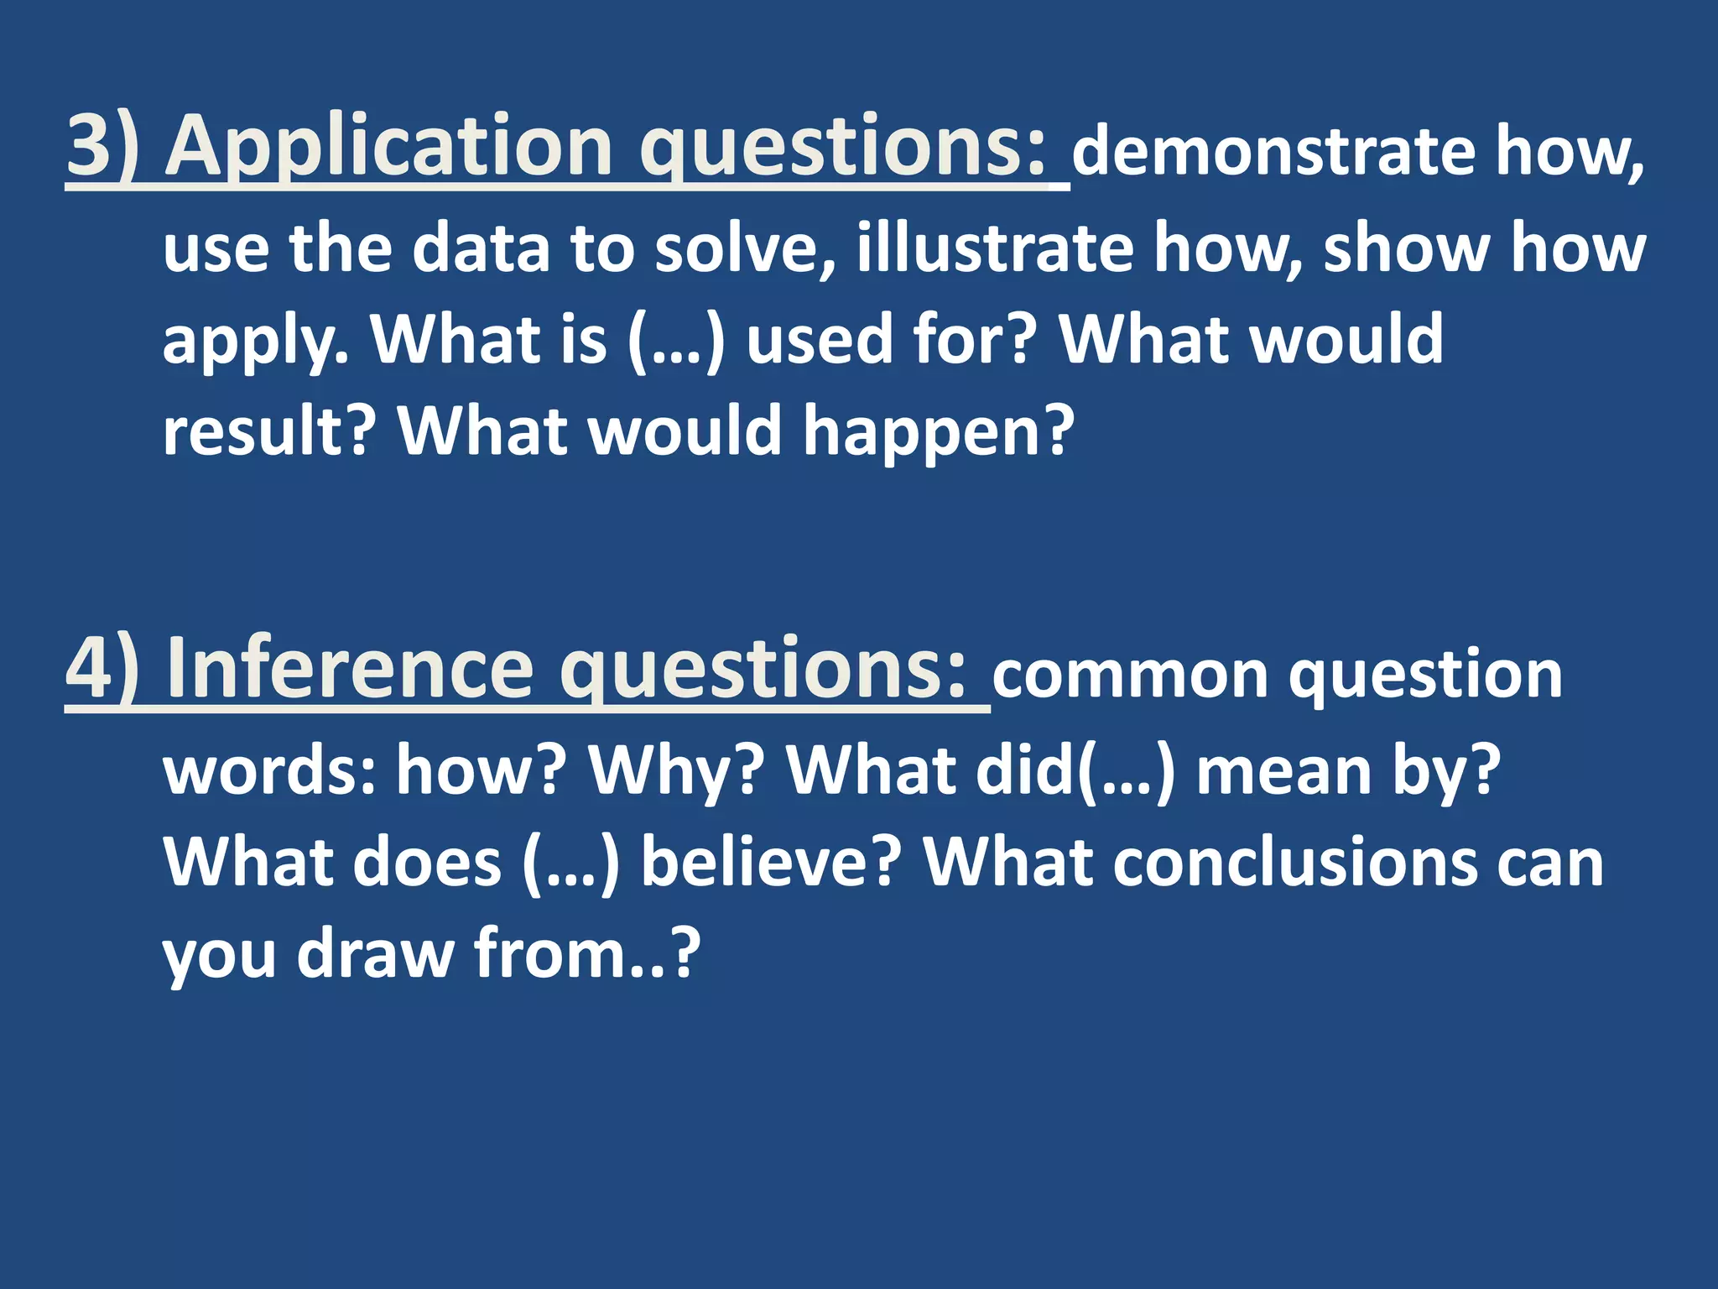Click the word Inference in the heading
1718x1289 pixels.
coord(349,669)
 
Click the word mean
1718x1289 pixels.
coord(1283,770)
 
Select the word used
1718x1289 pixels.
coord(817,340)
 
